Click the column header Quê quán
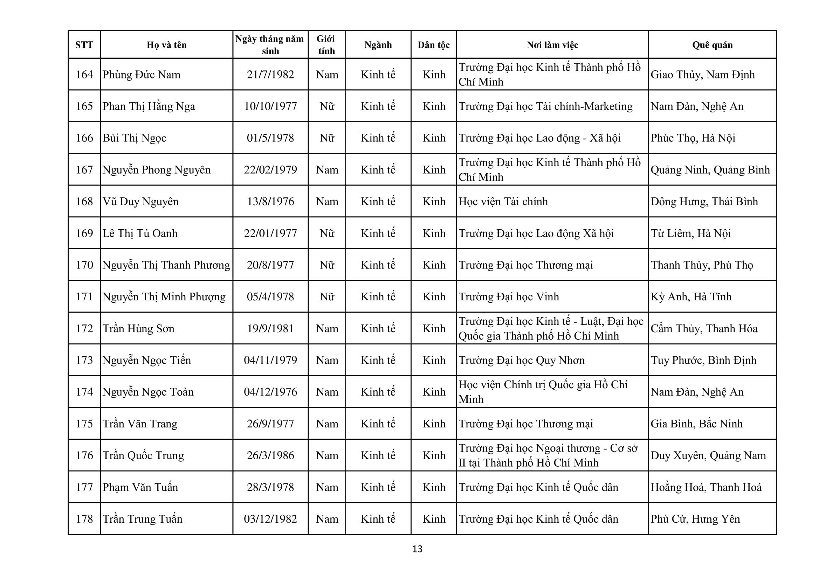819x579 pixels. pyautogui.click(x=712, y=45)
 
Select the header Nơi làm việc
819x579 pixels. pyautogui.click(x=552, y=45)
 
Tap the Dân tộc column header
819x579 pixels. pyautogui.click(x=433, y=45)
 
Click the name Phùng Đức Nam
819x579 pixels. pyautogui.click(x=141, y=75)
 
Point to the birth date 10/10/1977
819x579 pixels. pyautogui.click(x=270, y=106)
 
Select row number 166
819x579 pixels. pyautogui.click(x=84, y=138)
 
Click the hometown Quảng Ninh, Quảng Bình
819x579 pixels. pyautogui.click(x=710, y=170)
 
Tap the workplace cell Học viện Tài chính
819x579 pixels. pyautogui.click(x=503, y=201)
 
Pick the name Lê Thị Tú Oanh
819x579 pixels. pyautogui.click(x=140, y=233)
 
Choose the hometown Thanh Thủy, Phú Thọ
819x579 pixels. pyautogui.click(x=702, y=265)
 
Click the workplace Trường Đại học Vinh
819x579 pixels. pyautogui.click(x=509, y=297)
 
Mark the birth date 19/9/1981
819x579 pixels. pyautogui.click(x=270, y=328)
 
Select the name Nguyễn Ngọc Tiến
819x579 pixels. pyautogui.click(x=147, y=360)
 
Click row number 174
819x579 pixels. pyautogui.click(x=84, y=392)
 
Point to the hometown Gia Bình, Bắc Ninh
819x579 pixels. pyautogui.click(x=696, y=424)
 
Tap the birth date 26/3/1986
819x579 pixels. pyautogui.click(x=270, y=455)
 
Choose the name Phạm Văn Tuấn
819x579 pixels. pyautogui.click(x=140, y=487)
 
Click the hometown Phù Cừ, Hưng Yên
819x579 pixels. pyautogui.click(x=695, y=519)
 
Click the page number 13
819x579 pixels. pyautogui.click(x=417, y=549)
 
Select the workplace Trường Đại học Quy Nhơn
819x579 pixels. pyautogui.click(x=522, y=360)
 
